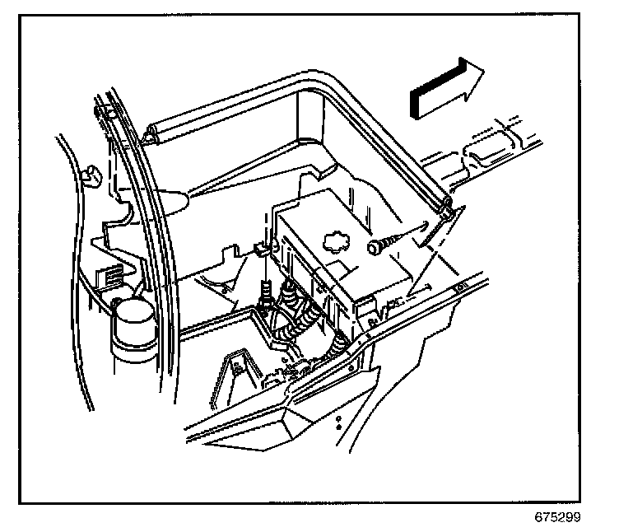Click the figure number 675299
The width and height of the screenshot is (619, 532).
pos(556,520)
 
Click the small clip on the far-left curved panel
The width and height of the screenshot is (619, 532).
pos(93,172)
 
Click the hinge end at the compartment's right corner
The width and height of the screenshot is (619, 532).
pos(447,208)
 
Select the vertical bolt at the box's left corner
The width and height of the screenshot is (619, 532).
pos(267,293)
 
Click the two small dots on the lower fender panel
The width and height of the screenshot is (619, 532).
pos(339,421)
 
